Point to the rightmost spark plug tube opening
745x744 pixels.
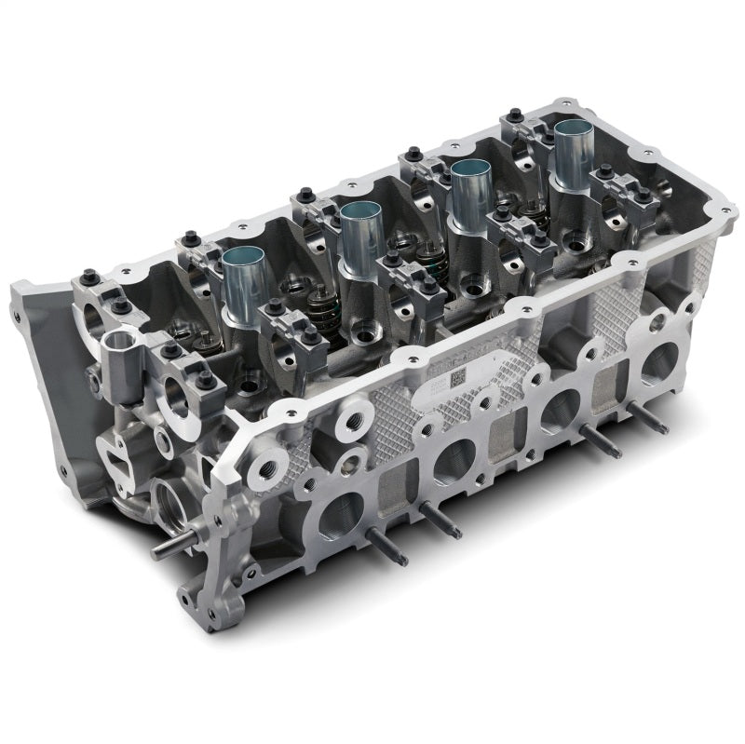pos(575,140)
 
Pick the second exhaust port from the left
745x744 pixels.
pos(454,458)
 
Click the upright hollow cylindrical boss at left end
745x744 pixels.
pos(119,347)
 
